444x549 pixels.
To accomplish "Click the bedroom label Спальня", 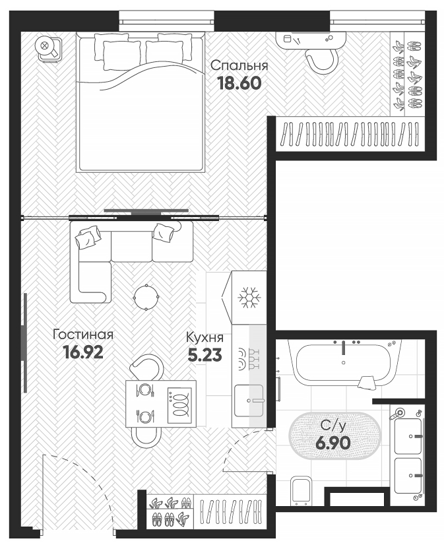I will (x=239, y=66).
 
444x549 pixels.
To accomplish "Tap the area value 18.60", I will (x=239, y=84).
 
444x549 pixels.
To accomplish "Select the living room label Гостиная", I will (x=83, y=335).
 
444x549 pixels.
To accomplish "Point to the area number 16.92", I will (x=83, y=352).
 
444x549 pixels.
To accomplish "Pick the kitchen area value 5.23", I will (x=205, y=356).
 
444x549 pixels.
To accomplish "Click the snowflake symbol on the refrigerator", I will (x=250, y=298).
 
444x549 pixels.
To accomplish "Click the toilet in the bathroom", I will (x=302, y=490).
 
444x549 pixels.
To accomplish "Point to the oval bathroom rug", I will (x=334, y=436).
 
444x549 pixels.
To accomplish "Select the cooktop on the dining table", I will (x=179, y=403).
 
